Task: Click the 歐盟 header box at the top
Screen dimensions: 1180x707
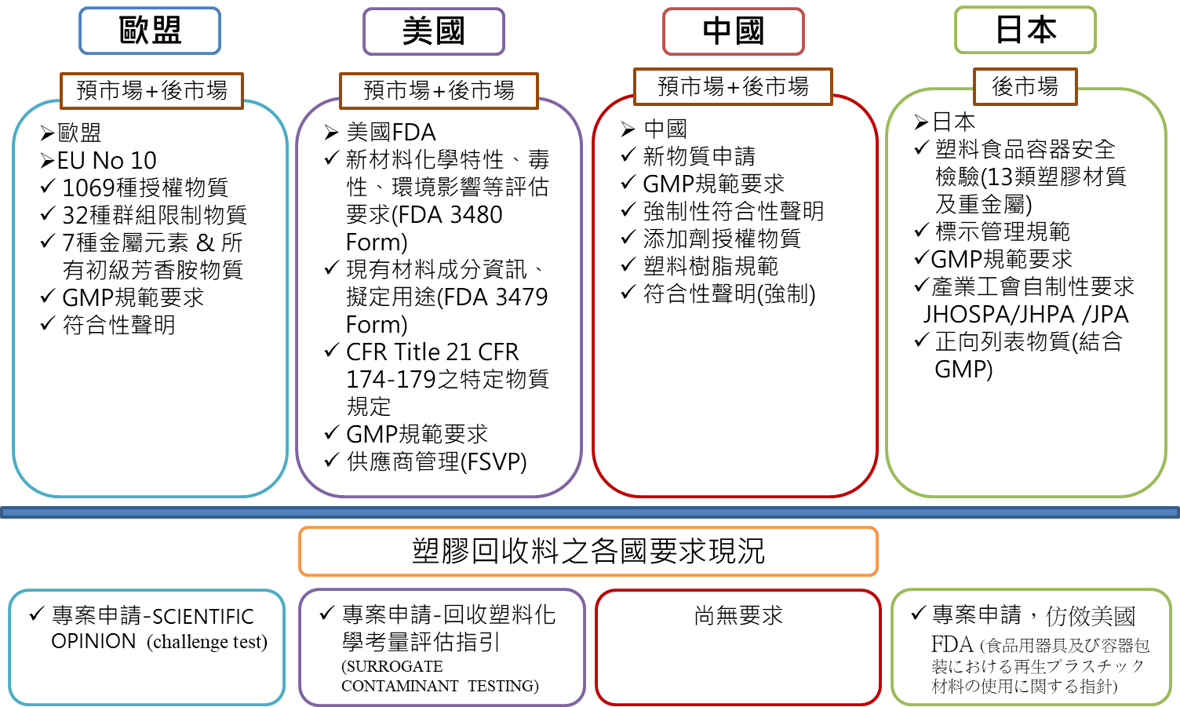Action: tap(150, 31)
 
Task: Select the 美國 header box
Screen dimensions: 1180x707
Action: tap(434, 31)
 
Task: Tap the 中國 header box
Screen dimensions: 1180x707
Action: tap(734, 31)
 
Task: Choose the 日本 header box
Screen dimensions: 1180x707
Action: tap(1025, 30)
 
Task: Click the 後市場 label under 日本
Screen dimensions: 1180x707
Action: tap(1025, 86)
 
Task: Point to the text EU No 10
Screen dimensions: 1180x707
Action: tap(107, 160)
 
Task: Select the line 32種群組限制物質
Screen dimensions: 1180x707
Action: tap(155, 215)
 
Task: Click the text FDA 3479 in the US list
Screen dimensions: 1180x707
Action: tap(493, 297)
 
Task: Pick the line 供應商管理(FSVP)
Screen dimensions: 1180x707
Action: tap(437, 462)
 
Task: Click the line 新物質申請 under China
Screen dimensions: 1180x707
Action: tap(699, 156)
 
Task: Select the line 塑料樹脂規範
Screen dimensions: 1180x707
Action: tap(711, 266)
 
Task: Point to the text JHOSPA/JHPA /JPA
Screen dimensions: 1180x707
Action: tap(1025, 315)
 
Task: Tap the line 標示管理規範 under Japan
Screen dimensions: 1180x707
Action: tap(1003, 231)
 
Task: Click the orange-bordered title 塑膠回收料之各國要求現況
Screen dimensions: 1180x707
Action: tap(588, 551)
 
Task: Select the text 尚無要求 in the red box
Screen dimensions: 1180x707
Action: tap(738, 615)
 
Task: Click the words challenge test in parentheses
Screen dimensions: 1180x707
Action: tap(207, 642)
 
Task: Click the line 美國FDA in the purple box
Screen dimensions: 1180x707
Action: tap(391, 133)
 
